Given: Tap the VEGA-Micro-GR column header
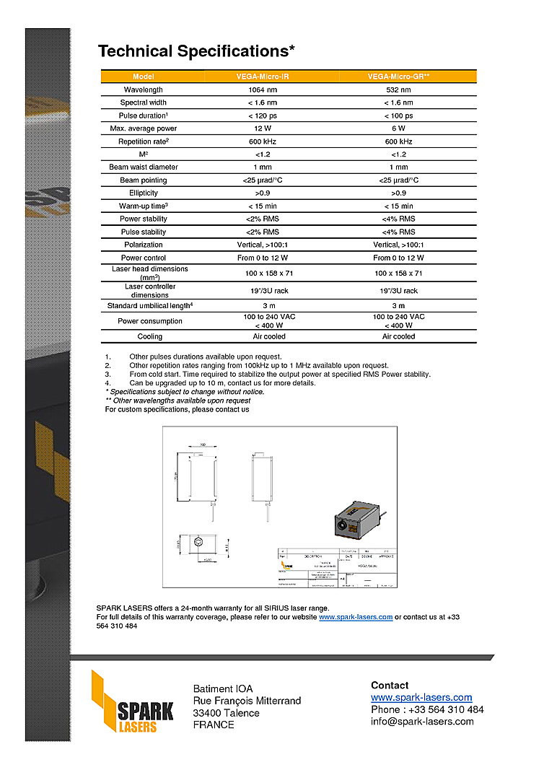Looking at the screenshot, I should click(398, 76).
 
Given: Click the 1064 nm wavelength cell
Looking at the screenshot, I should click(263, 89).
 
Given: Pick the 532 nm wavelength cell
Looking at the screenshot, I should click(398, 89).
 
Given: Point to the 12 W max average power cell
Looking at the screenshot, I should click(263, 128).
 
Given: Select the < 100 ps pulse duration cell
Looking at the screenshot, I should click(398, 115).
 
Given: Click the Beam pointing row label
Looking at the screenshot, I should click(143, 180).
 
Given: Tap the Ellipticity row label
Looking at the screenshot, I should click(143, 193).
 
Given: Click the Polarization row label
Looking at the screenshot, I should click(143, 245).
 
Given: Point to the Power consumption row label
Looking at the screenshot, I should click(149, 321).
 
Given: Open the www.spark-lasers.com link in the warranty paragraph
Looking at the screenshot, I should click(356, 617).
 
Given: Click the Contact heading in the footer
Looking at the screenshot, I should click(390, 685).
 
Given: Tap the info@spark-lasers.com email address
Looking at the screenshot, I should click(422, 721).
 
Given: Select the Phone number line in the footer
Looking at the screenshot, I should click(427, 709).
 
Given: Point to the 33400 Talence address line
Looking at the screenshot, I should click(226, 713).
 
